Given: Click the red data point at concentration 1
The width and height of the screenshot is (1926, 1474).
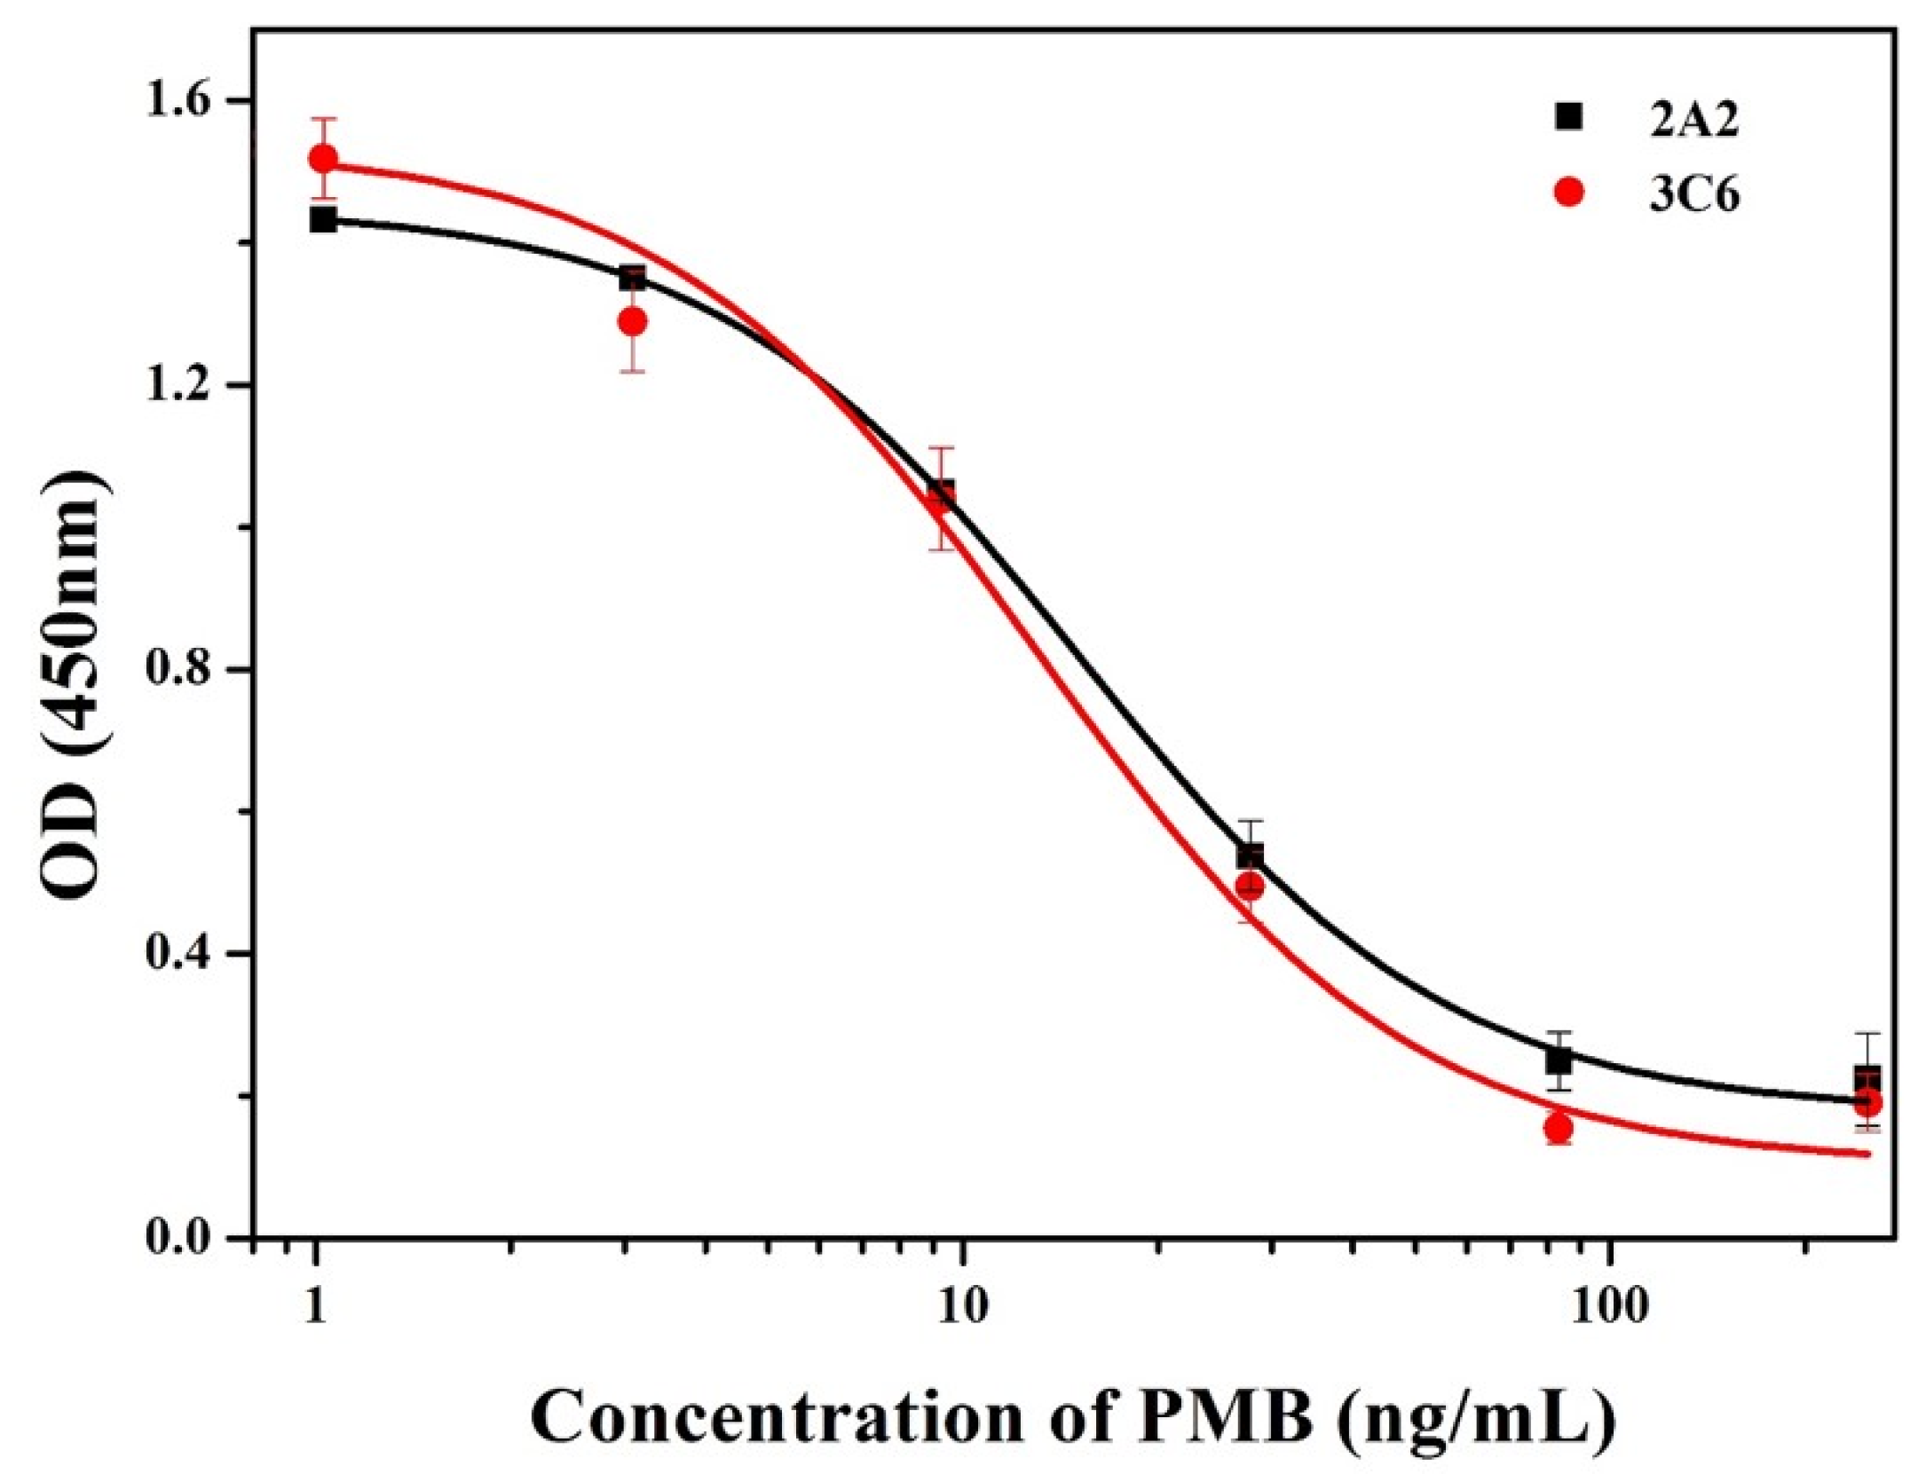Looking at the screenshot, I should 323,159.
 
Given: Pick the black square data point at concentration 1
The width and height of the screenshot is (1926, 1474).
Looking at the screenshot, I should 323,219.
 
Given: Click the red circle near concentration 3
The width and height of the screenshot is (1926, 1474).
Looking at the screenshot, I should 632,321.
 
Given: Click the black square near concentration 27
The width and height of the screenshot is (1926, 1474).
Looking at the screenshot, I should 1250,855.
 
